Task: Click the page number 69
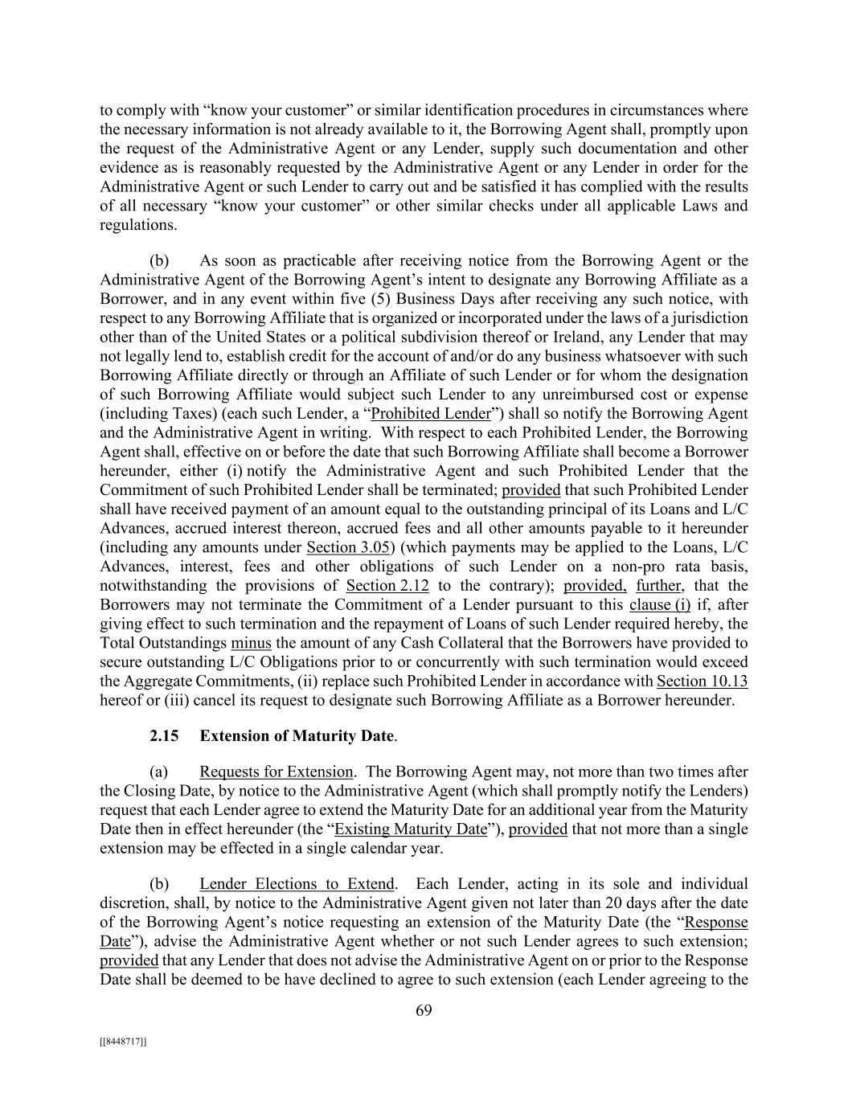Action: (x=424, y=1011)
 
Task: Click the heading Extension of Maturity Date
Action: (x=297, y=736)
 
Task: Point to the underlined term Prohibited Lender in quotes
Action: (x=430, y=414)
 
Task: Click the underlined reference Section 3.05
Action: (x=348, y=548)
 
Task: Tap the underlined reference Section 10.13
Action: (x=702, y=682)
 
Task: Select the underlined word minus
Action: (x=251, y=643)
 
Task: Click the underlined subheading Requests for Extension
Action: (x=276, y=772)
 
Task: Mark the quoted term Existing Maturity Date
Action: (x=410, y=829)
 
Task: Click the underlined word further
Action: (x=660, y=586)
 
